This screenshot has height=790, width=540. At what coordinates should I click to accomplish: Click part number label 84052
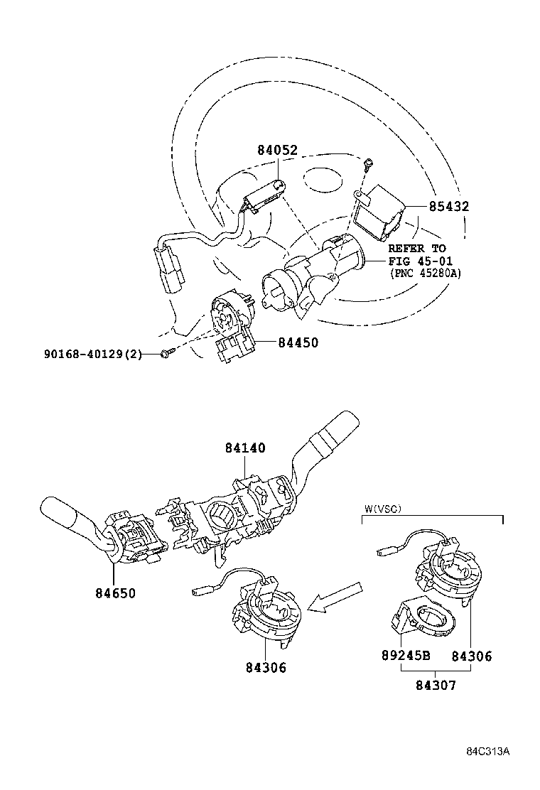(x=277, y=150)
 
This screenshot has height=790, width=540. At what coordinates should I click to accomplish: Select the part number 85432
(x=448, y=207)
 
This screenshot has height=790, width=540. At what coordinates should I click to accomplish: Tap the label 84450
(x=297, y=342)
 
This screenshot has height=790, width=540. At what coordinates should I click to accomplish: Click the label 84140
(x=245, y=448)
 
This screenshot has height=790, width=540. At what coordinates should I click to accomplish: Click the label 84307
(x=435, y=686)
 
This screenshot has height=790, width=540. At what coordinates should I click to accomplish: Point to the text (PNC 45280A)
(x=424, y=273)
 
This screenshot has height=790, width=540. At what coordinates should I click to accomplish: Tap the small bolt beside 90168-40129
(x=167, y=352)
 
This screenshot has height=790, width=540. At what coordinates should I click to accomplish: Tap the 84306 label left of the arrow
(x=266, y=667)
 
